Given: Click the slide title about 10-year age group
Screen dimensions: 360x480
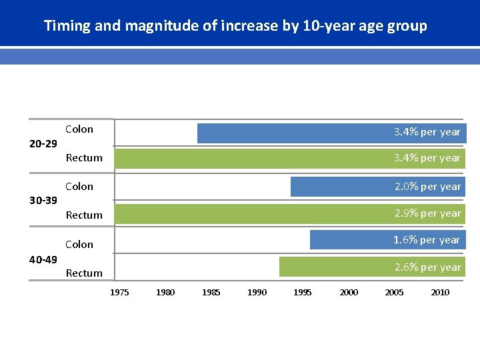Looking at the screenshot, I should tap(235, 26).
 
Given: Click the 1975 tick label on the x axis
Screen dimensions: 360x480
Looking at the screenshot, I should tap(120, 292).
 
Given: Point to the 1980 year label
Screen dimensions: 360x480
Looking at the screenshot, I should tap(165, 292).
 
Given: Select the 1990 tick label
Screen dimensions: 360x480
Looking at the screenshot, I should tap(257, 292).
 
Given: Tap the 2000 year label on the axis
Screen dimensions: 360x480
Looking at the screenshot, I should tap(349, 292).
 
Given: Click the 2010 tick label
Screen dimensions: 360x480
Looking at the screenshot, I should tap(440, 292).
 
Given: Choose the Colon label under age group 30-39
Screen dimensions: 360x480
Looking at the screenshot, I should tap(79, 187).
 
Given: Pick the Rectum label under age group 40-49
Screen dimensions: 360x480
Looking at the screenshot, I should tap(84, 273).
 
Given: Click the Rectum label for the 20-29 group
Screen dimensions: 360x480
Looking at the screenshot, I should tap(84, 158).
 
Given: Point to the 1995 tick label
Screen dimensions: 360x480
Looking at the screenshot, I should tap(303, 292).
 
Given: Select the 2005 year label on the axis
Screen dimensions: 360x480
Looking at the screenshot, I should tap(394, 292).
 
